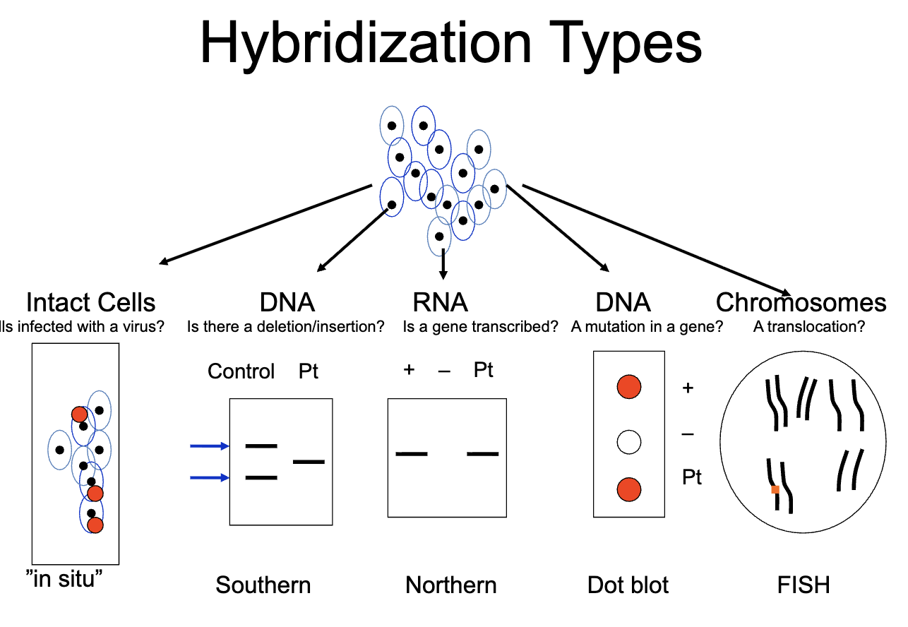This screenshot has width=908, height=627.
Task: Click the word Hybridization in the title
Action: point(365,42)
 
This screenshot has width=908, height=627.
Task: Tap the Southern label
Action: point(263,585)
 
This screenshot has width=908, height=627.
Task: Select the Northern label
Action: point(450,585)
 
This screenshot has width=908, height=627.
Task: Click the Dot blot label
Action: point(628,585)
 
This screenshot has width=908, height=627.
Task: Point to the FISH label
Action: point(804,585)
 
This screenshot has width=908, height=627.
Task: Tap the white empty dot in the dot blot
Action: point(628,443)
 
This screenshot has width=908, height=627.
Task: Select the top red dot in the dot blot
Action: point(628,387)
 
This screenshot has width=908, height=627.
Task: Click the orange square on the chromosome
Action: point(775,489)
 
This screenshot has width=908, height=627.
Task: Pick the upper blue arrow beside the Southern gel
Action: point(210,446)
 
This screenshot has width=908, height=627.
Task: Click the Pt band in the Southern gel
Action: point(309,462)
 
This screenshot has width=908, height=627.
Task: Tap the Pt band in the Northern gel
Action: point(483,453)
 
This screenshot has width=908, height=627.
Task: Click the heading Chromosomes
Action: point(801,302)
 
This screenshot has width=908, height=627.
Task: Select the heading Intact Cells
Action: point(90,302)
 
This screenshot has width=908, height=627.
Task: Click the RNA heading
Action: point(440,302)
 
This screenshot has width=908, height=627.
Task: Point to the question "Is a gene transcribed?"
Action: point(480,327)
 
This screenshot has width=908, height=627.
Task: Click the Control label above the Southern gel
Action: point(241,371)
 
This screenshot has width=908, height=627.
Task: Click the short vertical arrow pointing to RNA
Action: point(443,263)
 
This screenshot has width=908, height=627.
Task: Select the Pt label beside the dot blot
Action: point(692,477)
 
